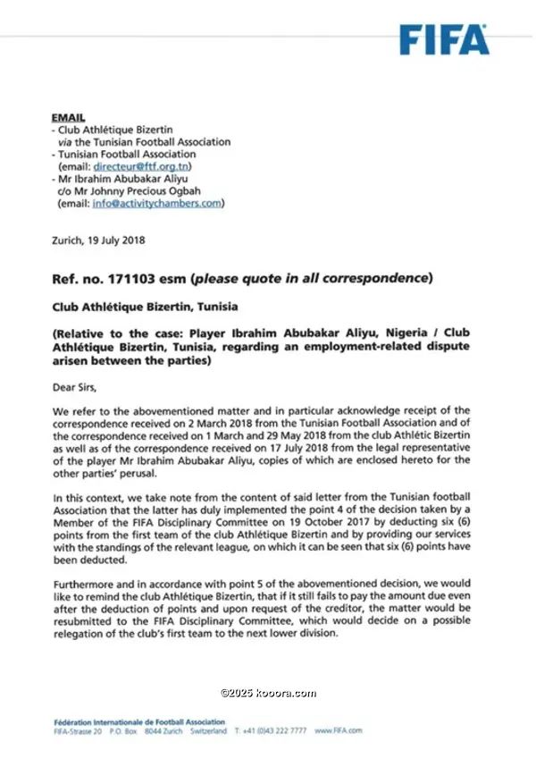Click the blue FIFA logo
click(x=443, y=39)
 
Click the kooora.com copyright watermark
click(x=268, y=693)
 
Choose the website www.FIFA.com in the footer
click(x=339, y=730)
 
